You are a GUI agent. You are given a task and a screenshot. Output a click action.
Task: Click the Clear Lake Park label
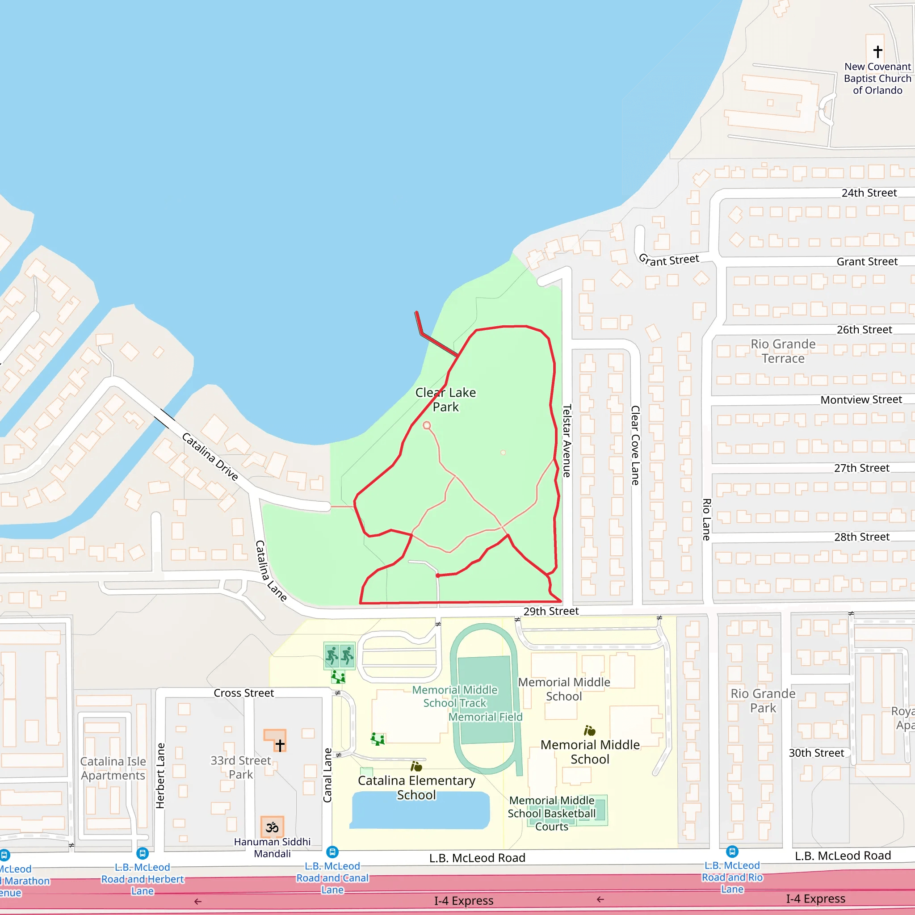(x=445, y=399)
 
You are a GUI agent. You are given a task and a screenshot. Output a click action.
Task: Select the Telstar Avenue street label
(x=567, y=441)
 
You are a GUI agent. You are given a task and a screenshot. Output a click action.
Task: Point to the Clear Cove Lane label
(x=635, y=445)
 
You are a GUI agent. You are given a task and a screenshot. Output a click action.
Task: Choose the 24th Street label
(x=869, y=193)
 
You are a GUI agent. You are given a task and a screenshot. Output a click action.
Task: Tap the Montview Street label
(x=860, y=400)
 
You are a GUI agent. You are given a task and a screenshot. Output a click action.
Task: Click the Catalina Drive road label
(x=210, y=456)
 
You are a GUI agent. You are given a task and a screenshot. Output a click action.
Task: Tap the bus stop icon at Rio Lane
(x=732, y=852)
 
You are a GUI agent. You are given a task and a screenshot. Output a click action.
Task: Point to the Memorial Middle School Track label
(x=454, y=696)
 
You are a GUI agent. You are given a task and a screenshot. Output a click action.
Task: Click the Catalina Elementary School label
(x=416, y=787)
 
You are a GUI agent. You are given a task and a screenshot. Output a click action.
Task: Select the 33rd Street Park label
(x=241, y=767)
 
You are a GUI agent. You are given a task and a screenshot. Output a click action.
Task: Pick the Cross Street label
(x=243, y=693)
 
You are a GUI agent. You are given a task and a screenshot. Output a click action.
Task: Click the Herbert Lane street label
(x=160, y=775)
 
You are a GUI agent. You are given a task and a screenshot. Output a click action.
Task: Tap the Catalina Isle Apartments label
(x=113, y=768)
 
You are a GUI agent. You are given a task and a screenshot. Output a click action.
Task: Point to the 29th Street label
(x=551, y=611)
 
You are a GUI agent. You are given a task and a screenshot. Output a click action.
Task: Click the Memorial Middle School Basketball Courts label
(x=552, y=813)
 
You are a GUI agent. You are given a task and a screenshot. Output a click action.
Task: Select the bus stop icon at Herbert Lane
(x=143, y=853)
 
